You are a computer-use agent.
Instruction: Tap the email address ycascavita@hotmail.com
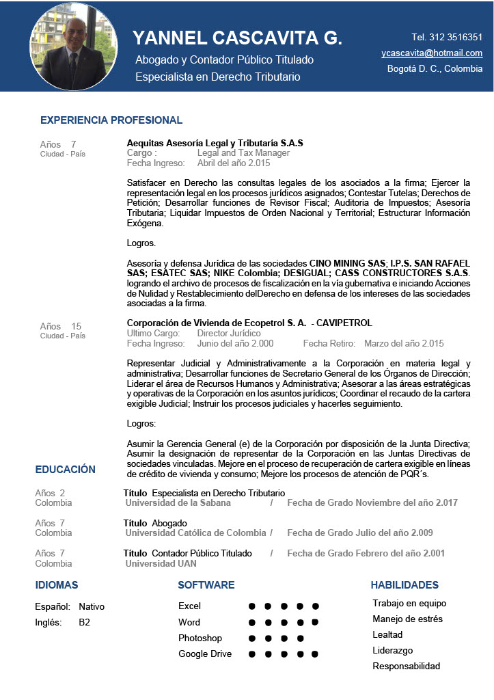coord(432,53)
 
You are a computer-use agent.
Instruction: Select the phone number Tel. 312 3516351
coord(447,37)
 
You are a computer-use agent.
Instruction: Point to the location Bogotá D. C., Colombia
coord(435,68)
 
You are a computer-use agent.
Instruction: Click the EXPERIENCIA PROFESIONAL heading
coord(111,120)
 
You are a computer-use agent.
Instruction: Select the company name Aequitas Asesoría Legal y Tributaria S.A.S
coord(215,143)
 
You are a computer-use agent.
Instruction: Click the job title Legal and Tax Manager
coord(243,153)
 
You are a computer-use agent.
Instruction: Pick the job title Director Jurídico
coord(229,333)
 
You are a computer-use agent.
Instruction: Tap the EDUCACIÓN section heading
coord(66,470)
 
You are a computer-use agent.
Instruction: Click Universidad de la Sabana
coord(178,502)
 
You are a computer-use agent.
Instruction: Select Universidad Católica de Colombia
coord(195,533)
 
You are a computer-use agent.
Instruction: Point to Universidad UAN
coord(161,563)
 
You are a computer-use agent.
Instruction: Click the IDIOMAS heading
coord(57,585)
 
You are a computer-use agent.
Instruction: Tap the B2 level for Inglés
coord(84,622)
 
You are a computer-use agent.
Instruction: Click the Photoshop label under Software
coord(200,638)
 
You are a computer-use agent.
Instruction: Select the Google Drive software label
coord(205,654)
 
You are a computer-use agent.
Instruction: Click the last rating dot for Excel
coord(316,606)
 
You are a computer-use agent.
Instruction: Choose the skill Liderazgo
coord(393,650)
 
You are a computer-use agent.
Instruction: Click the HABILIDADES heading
coord(404,585)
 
